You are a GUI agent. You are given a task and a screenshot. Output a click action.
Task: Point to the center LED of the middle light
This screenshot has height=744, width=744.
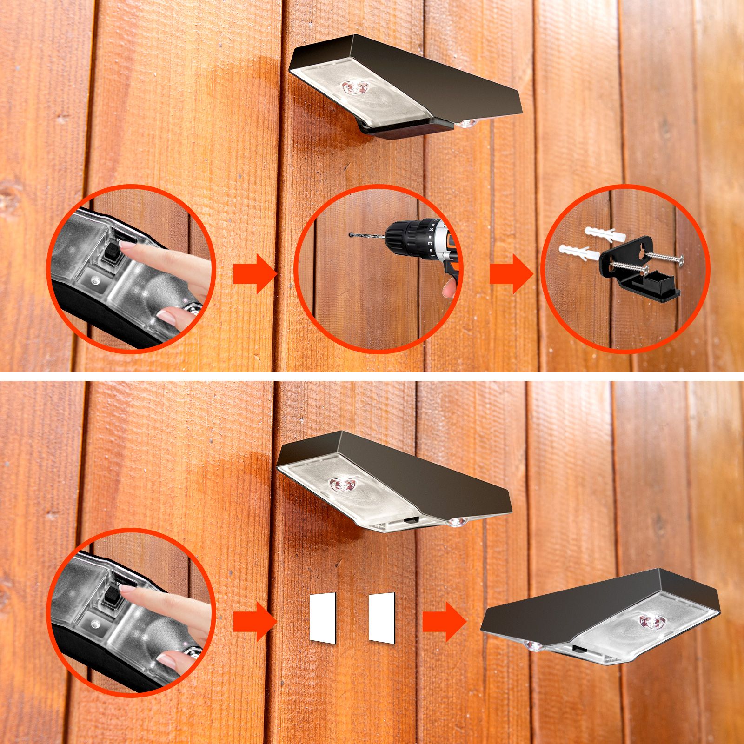(342, 485)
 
